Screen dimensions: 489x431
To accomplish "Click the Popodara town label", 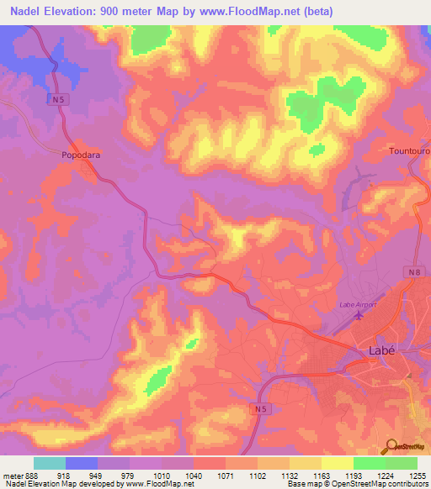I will click(x=81, y=155).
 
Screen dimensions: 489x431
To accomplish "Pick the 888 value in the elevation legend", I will click(x=31, y=475).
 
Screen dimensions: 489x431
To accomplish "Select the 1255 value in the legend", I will click(x=418, y=475).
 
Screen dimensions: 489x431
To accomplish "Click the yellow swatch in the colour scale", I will click(x=338, y=463).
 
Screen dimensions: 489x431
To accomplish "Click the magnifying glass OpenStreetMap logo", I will click(x=391, y=446).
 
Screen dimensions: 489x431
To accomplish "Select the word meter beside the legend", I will click(x=12, y=475).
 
